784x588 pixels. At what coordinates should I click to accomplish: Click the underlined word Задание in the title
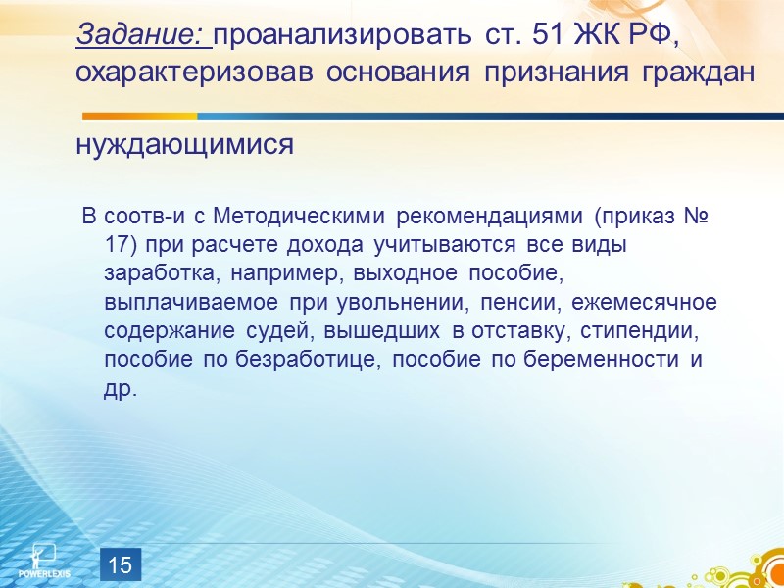141,35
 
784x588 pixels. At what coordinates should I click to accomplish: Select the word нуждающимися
184,145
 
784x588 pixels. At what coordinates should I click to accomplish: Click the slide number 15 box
120,564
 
